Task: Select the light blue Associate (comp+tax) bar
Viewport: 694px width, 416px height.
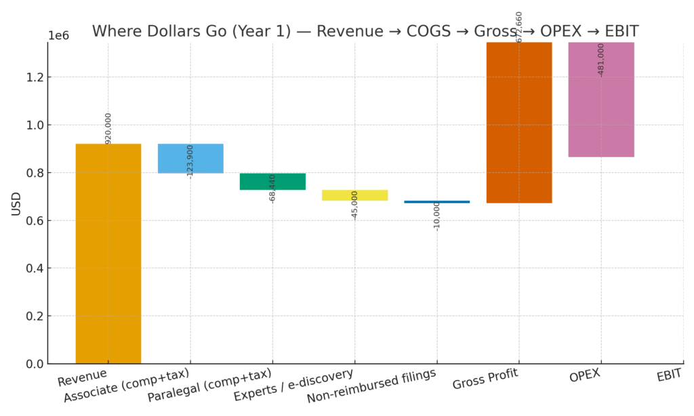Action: coord(190,158)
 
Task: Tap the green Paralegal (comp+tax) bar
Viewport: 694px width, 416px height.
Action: coord(272,182)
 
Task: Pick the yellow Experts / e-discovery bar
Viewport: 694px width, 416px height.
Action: coord(354,195)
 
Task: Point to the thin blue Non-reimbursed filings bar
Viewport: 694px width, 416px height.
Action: coord(437,202)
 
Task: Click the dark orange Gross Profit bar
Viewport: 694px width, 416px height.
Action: coord(519,122)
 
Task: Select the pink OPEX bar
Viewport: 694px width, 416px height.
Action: coord(601,100)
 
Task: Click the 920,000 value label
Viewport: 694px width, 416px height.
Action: coord(108,128)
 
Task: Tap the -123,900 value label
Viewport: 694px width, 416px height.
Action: coord(190,161)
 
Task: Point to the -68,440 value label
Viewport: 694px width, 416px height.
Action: coord(272,188)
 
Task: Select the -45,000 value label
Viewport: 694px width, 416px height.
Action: coord(354,205)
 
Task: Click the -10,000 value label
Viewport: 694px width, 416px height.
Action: coord(437,216)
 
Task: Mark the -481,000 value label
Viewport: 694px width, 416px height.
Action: coord(601,60)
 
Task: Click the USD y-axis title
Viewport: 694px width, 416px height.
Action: coord(16,204)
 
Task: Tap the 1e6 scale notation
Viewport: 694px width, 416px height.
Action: coord(58,36)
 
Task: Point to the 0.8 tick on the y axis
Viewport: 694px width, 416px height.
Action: coord(34,173)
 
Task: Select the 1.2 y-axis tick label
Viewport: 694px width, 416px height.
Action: coord(34,77)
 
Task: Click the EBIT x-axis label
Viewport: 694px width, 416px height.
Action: coord(669,375)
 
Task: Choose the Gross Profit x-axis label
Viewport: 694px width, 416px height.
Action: coord(485,379)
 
